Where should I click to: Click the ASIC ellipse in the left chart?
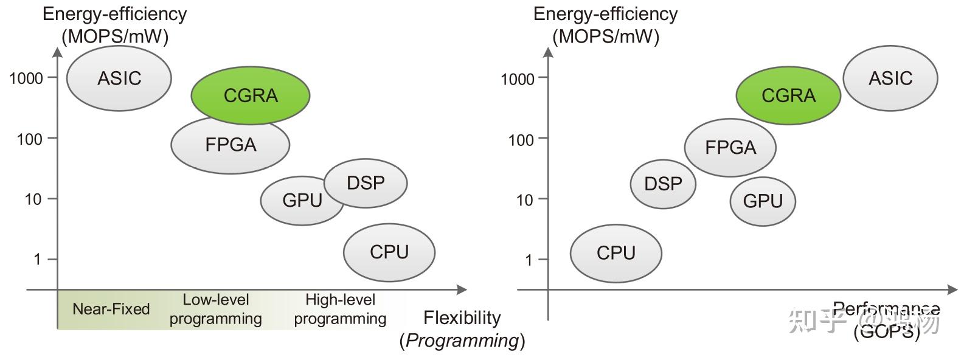119,78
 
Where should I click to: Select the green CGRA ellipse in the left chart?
251,95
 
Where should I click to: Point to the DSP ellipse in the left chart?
366,182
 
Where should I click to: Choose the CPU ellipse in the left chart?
389,252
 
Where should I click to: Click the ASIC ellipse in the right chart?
890,78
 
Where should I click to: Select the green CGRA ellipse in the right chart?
788,95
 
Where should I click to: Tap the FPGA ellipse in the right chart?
730,147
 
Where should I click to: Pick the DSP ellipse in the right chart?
663,183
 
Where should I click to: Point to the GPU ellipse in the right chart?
763,201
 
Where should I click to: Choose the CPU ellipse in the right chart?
616,252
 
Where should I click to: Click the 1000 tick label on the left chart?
26,78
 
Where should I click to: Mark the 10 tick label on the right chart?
524,199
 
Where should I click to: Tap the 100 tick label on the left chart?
30,139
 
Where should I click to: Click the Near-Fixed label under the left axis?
111,309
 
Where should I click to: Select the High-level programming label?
340,309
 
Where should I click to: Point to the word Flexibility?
462,317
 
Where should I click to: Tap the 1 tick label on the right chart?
529,260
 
